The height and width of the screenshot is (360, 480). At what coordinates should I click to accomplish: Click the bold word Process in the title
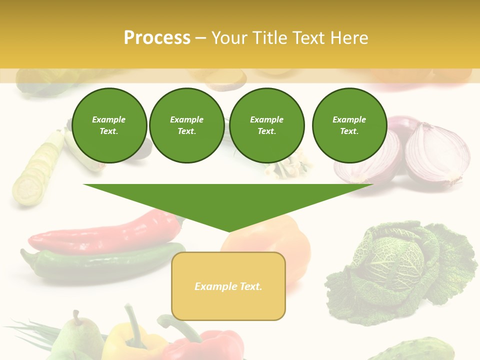(157, 38)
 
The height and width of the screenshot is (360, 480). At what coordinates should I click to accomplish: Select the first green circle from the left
(109, 125)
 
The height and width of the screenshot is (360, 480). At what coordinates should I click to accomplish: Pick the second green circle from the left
(186, 125)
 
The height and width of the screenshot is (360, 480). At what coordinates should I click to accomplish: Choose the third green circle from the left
(266, 125)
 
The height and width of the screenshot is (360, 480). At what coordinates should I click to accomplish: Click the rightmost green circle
(349, 125)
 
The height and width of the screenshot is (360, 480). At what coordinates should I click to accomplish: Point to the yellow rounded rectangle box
(228, 286)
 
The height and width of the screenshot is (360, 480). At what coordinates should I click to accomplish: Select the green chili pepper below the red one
(100, 262)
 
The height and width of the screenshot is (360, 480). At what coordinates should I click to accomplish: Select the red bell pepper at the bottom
(210, 345)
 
